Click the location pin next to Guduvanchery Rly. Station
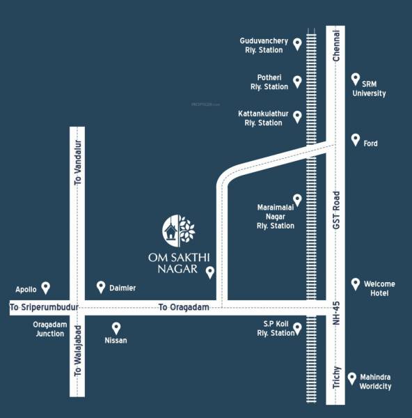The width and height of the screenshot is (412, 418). tap(297, 45)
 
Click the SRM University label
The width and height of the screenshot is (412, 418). tap(369, 88)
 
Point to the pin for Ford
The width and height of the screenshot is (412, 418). tap(356, 139)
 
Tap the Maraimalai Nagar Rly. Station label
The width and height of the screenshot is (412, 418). tap(276, 216)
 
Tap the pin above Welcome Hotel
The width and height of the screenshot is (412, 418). tap(356, 284)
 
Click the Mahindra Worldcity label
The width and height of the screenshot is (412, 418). tap(376, 381)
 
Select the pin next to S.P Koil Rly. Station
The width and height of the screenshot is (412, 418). tap(297, 328)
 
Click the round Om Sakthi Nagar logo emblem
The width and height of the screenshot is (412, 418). tap(179, 230)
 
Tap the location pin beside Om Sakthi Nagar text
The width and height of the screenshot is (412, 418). tap(210, 272)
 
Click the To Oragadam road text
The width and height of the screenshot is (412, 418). tap(184, 307)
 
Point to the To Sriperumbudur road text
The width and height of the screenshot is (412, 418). tap(42, 307)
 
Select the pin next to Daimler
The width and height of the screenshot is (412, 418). tap(101, 287)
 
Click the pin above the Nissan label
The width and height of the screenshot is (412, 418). tap(116, 327)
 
